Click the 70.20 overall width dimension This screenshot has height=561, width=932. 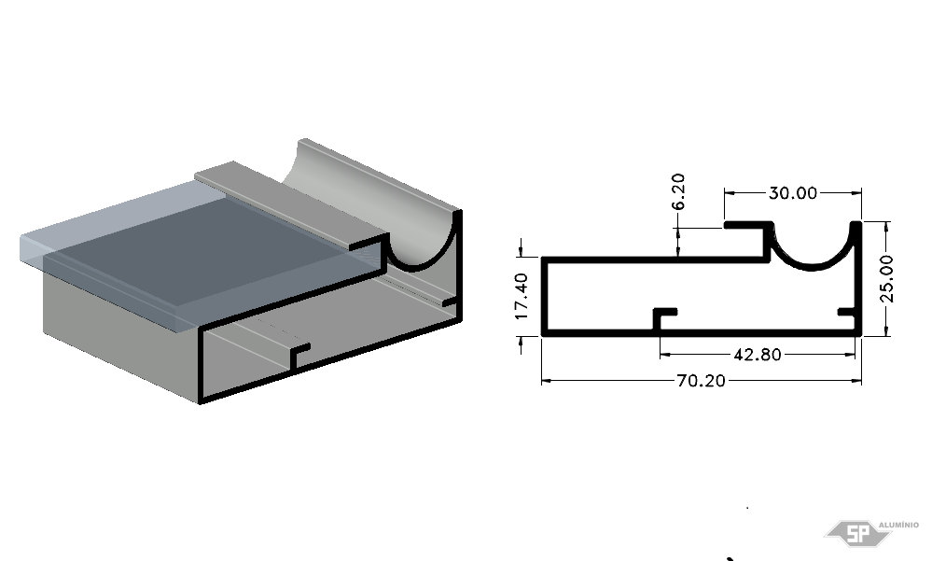pyautogui.click(x=702, y=381)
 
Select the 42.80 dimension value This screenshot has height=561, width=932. pyautogui.click(x=758, y=355)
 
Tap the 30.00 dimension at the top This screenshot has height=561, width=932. pyautogui.click(x=793, y=192)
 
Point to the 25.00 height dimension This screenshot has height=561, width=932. pyautogui.click(x=886, y=278)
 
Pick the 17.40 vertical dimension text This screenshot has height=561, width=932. pyautogui.click(x=522, y=296)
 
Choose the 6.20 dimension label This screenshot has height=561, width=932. pyautogui.click(x=678, y=191)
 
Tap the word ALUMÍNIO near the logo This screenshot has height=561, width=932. pyautogui.click(x=898, y=525)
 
